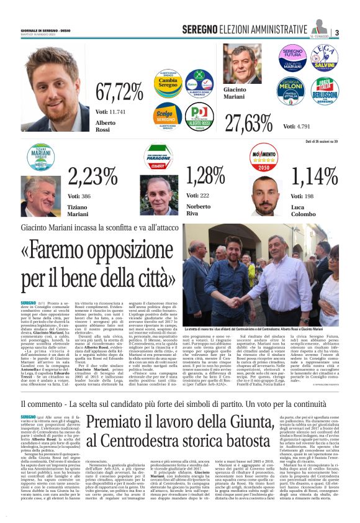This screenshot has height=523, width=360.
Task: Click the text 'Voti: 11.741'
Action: click(110, 111)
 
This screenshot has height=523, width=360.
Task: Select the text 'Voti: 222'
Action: click(197, 196)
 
